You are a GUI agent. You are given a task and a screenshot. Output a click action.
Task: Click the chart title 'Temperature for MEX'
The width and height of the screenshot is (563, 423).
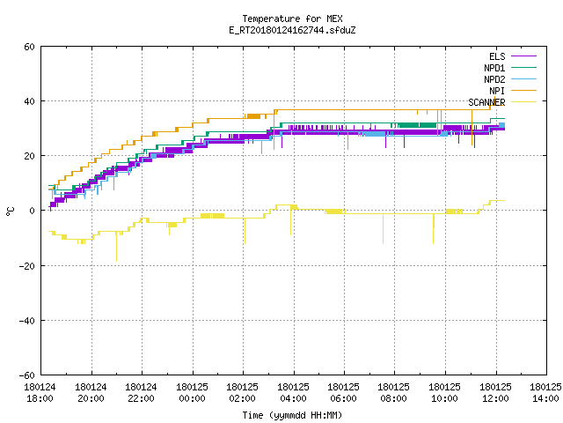click(292, 19)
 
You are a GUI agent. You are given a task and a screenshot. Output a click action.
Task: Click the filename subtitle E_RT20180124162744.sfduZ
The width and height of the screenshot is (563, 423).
click(292, 30)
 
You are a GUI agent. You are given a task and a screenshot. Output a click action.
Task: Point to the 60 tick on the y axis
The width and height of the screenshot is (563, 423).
click(29, 47)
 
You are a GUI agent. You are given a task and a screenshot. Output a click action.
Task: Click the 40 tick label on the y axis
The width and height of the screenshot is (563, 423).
click(29, 101)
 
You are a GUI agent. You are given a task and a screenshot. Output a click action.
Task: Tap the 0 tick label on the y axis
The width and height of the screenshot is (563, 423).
click(33, 211)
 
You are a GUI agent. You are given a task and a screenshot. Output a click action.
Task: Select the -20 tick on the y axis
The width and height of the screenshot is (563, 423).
click(27, 266)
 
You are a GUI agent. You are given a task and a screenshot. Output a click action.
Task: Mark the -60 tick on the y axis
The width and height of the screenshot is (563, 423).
click(27, 375)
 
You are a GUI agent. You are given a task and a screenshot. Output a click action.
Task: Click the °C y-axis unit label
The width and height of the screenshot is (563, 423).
click(11, 211)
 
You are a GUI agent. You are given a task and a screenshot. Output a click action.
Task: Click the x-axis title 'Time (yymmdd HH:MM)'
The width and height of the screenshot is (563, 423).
click(292, 415)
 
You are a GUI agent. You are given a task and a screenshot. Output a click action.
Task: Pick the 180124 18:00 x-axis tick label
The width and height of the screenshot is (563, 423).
click(40, 393)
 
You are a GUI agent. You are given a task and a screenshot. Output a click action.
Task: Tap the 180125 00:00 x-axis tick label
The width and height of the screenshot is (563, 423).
click(192, 393)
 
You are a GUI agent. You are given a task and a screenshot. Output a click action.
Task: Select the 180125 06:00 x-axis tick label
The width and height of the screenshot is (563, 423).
click(344, 393)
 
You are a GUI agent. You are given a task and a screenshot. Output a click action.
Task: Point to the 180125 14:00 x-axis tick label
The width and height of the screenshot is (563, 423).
click(545, 393)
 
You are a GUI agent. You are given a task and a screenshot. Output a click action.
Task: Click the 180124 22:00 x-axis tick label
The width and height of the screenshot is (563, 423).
click(141, 393)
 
